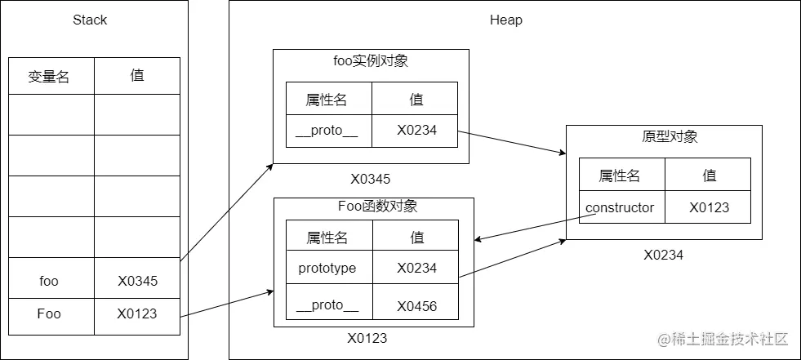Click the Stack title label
(90, 20)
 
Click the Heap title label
(505, 20)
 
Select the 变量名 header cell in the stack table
(49, 77)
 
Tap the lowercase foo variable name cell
(49, 281)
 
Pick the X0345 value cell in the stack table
(137, 281)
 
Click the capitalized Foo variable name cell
(49, 313)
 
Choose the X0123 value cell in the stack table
(137, 313)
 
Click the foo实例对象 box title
(372, 60)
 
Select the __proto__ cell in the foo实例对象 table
(328, 131)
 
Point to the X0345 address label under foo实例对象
(372, 178)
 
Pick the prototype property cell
(327, 268)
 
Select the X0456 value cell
(416, 306)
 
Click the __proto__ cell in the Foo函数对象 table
(327, 306)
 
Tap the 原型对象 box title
(665, 136)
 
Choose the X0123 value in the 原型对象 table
(709, 207)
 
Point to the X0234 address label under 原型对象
(663, 255)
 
